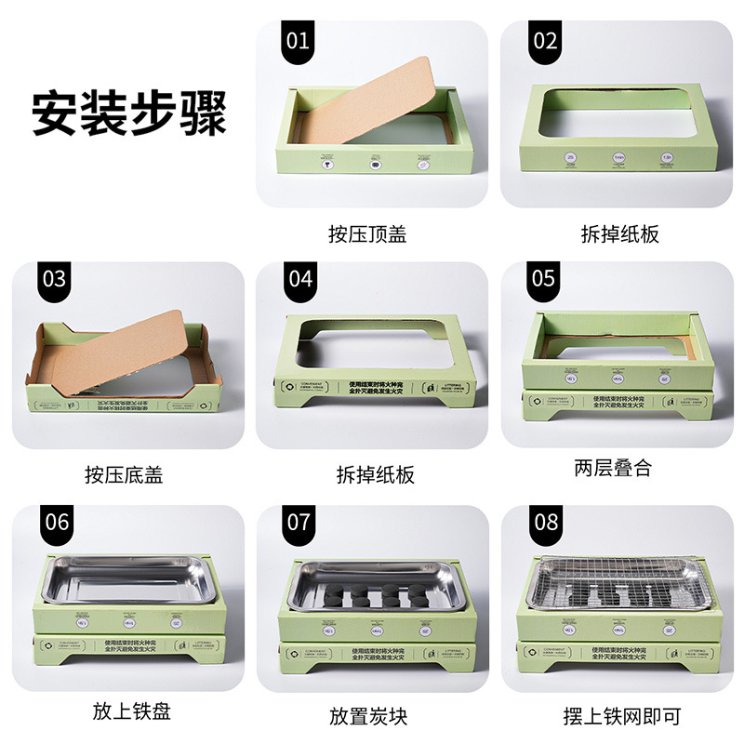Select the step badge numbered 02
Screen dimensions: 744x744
click(x=544, y=42)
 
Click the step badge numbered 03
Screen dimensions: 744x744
click(x=55, y=280)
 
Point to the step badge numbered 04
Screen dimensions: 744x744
click(x=299, y=280)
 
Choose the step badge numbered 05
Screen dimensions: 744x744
click(x=544, y=280)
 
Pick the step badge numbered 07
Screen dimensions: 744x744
click(x=299, y=522)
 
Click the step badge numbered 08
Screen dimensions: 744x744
click(x=545, y=522)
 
